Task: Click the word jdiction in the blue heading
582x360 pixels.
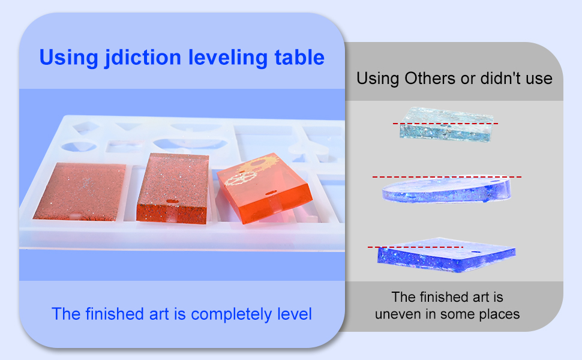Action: point(143,58)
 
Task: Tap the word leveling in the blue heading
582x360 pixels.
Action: point(228,58)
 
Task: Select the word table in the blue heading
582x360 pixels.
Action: point(299,57)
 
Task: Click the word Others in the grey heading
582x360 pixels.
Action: point(430,79)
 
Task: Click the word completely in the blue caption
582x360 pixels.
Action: point(231,315)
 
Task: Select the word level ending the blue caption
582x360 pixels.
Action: point(295,314)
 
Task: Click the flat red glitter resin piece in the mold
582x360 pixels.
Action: point(80,191)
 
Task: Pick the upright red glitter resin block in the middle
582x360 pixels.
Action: point(173,188)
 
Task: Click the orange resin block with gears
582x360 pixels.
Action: point(264,188)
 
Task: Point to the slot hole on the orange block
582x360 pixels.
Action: point(272,193)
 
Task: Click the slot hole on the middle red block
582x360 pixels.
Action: point(172,202)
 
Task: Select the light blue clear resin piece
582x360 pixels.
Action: point(446,124)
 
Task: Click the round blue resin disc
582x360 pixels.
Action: point(446,190)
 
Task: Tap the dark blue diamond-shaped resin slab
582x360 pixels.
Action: point(446,255)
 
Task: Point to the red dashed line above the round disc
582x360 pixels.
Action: point(447,177)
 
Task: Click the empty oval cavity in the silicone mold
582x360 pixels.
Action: point(79,146)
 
